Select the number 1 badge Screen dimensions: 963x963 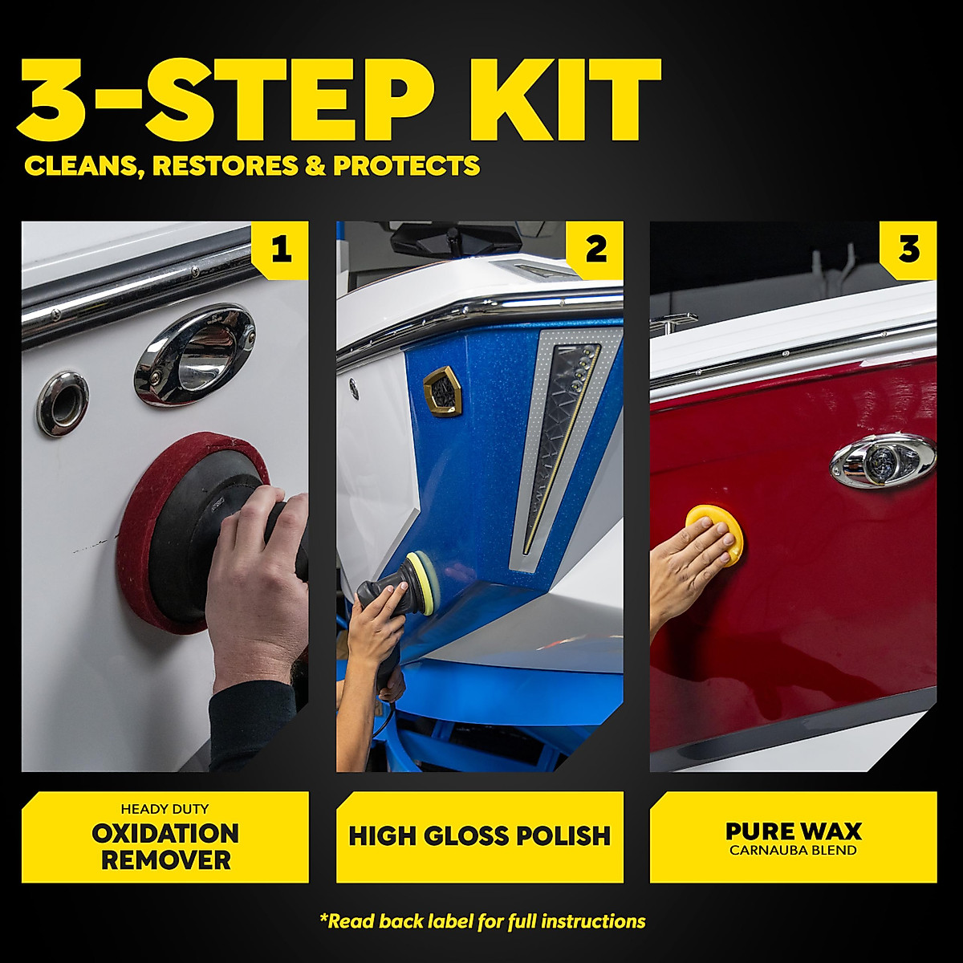click(280, 250)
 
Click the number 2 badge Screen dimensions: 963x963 click(595, 250)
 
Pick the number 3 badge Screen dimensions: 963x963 click(908, 250)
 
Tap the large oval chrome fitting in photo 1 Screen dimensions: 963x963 click(195, 353)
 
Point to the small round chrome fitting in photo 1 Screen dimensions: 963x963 click(62, 403)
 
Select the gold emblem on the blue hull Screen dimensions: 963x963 click(441, 391)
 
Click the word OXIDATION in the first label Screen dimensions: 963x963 click(165, 834)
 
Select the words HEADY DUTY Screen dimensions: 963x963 click(165, 809)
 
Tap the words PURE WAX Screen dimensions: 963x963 click(793, 831)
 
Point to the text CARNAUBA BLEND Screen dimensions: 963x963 click(793, 851)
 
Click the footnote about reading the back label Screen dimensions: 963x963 click(481, 921)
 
